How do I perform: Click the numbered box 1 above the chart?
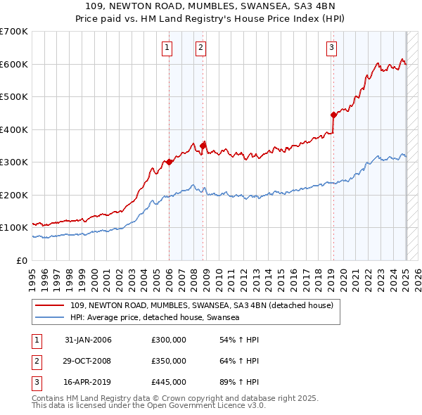(x=167, y=48)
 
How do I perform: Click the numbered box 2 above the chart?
(x=200, y=48)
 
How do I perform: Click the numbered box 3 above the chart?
(x=331, y=48)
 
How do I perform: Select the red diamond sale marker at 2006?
(x=170, y=162)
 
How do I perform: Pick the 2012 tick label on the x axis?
(x=242, y=274)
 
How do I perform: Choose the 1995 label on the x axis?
(x=32, y=274)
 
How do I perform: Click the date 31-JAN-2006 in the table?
(x=88, y=340)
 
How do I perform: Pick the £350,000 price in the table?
(x=169, y=361)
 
